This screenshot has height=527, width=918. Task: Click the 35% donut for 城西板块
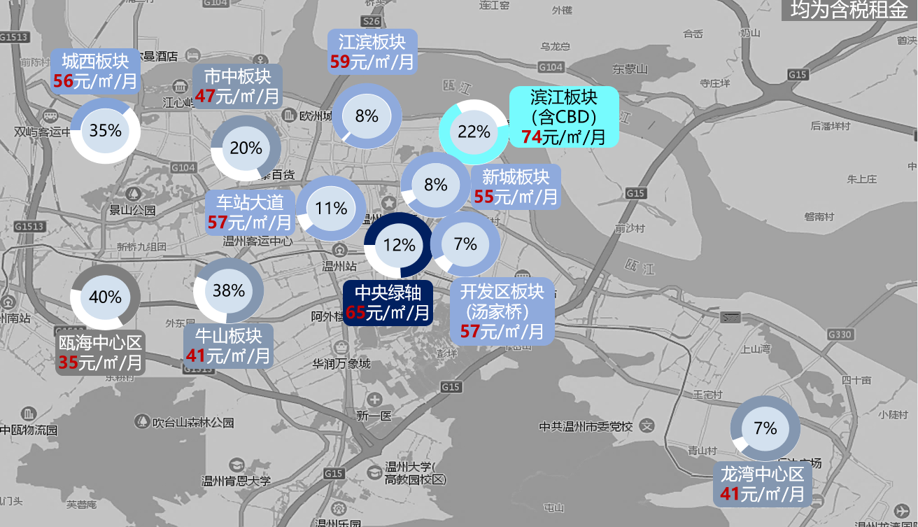pyautogui.click(x=105, y=131)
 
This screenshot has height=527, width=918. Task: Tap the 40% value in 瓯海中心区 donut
pyautogui.click(x=106, y=297)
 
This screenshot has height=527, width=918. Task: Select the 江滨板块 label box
pyautogui.click(x=372, y=51)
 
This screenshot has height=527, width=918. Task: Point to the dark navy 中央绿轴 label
pyautogui.click(x=388, y=302)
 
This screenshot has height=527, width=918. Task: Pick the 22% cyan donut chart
pyautogui.click(x=474, y=132)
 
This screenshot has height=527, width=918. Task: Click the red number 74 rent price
pyautogui.click(x=531, y=137)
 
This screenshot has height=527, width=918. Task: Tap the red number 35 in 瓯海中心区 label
pyautogui.click(x=68, y=363)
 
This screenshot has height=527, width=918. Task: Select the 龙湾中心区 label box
pyautogui.click(x=763, y=484)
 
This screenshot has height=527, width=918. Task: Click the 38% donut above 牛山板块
pyautogui.click(x=228, y=290)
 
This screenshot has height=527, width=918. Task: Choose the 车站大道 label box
pyautogui.click(x=250, y=212)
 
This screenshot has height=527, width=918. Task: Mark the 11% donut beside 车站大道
pyautogui.click(x=331, y=209)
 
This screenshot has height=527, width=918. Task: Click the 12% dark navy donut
pyautogui.click(x=399, y=245)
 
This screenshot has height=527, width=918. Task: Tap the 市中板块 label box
pyautogui.click(x=236, y=86)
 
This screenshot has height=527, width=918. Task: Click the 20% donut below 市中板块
pyautogui.click(x=246, y=148)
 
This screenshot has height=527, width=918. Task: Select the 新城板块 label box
pyautogui.click(x=516, y=187)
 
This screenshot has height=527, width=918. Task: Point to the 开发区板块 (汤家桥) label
pyautogui.click(x=502, y=311)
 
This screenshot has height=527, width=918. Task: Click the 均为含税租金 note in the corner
pyautogui.click(x=848, y=10)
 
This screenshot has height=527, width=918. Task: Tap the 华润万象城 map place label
pyautogui.click(x=341, y=365)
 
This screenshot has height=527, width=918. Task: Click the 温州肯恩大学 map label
pyautogui.click(x=236, y=481)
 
